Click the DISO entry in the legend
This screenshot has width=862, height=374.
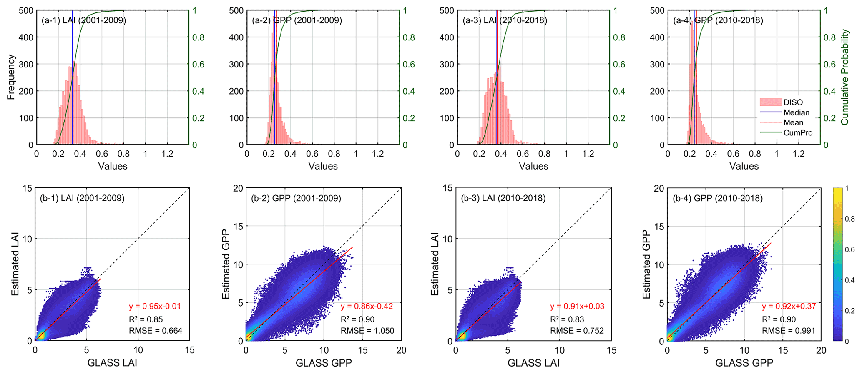pos(793,102)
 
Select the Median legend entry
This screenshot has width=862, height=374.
pos(796,112)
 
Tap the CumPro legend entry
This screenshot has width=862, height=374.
pos(798,133)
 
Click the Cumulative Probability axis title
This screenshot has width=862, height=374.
pos(845,77)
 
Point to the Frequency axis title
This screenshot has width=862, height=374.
pos(11,77)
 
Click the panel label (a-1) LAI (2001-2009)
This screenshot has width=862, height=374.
pos(83,20)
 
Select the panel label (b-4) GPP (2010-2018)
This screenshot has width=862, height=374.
pos(718,199)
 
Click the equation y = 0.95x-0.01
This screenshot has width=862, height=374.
pos(155,307)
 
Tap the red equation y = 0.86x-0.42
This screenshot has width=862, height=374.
pos(367,307)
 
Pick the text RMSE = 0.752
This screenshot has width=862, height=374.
pos(577,331)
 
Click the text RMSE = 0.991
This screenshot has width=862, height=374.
pos(788,331)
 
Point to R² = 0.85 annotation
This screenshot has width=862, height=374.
pos(146,319)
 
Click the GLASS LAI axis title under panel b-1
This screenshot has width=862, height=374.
pos(112,363)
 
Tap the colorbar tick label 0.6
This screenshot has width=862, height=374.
pos(849,249)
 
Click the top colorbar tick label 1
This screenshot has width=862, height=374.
pos(847,189)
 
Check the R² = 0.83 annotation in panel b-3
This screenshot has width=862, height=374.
pos(567,319)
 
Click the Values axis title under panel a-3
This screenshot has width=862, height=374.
pos(533,166)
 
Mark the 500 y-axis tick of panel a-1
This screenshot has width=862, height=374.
pos(26,10)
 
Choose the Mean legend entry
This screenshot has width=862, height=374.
pos(793,123)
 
